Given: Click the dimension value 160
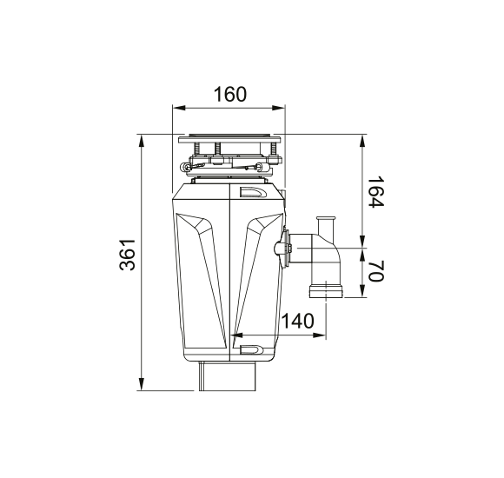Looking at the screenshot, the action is click(230, 94).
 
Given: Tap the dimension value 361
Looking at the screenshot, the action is click(127, 255).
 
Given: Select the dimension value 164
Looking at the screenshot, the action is click(375, 192).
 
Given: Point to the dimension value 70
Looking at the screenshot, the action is click(375, 271).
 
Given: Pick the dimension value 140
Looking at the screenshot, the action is click(297, 321).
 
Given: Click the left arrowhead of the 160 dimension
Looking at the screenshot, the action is click(179, 108).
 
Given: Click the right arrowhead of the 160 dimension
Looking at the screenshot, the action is click(278, 108).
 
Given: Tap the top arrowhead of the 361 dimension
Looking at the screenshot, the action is click(141, 141).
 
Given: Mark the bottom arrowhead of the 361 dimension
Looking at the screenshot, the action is click(141, 384).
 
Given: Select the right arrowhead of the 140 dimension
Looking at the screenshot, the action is click(320, 335).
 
